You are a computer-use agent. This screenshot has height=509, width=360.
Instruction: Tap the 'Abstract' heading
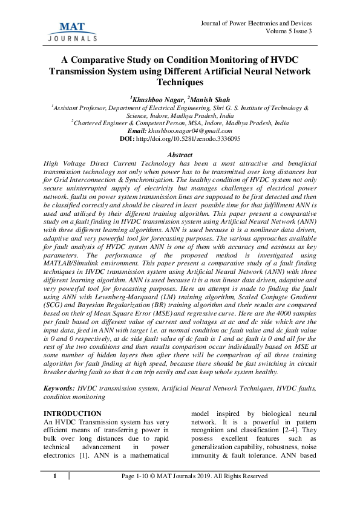(x=180, y=156)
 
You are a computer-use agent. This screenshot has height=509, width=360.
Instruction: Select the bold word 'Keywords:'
(x=59, y=386)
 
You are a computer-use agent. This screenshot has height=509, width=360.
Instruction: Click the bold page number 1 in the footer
(x=54, y=476)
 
